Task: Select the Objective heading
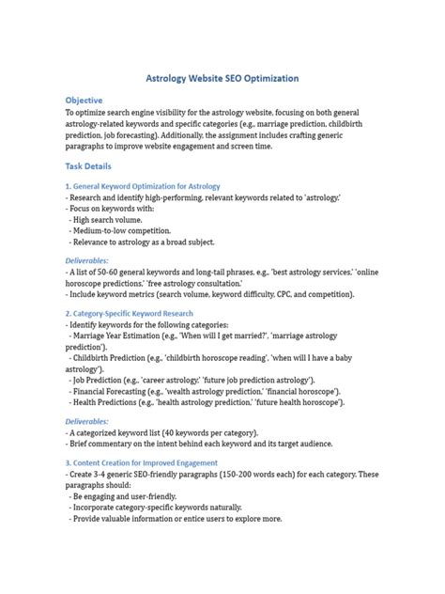click(x=84, y=100)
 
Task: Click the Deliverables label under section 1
click(x=86, y=260)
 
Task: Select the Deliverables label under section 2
click(x=86, y=422)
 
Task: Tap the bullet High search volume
click(x=116, y=219)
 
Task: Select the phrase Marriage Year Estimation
click(x=123, y=336)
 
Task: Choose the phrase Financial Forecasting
click(x=117, y=391)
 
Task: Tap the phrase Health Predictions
click(x=112, y=402)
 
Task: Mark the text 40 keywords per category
click(x=223, y=434)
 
